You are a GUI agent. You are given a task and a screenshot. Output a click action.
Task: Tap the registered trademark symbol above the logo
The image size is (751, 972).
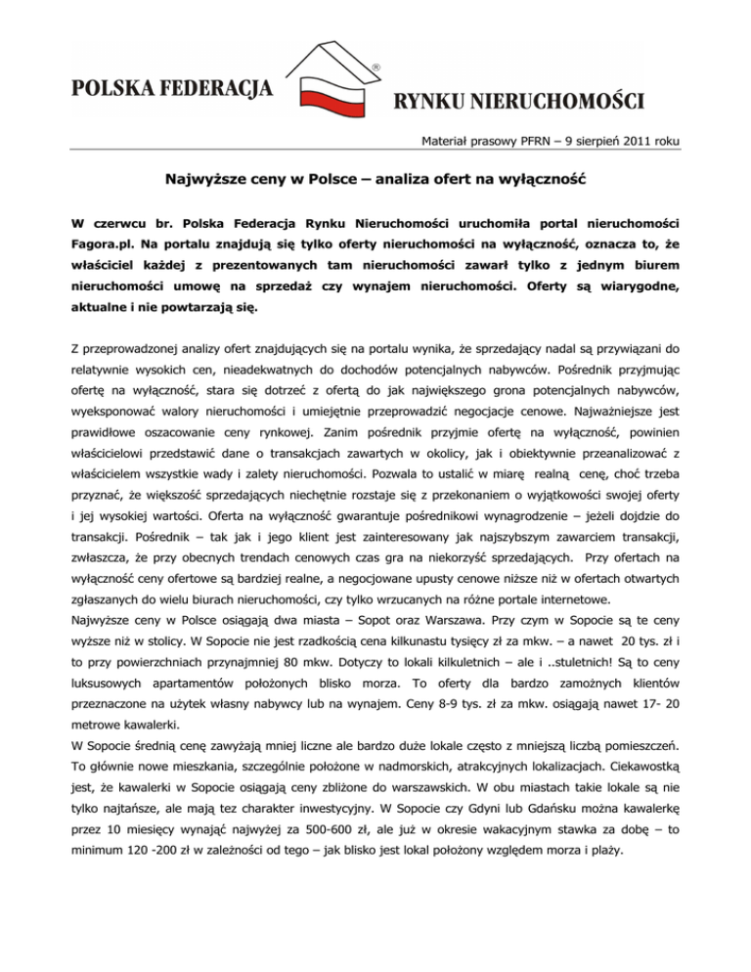coord(375,67)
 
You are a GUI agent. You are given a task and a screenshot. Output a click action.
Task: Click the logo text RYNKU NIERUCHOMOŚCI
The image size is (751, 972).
coord(517,100)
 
